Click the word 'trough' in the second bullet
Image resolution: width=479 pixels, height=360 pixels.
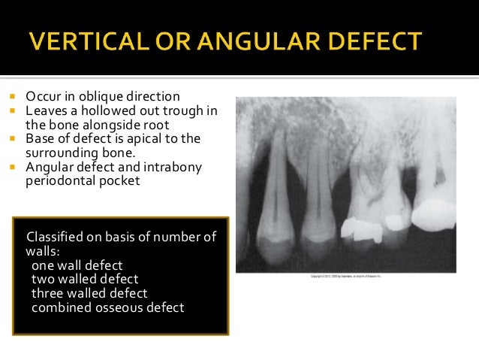pyautogui.click(x=184, y=110)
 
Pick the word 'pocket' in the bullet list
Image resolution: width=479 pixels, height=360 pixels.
pyautogui.click(x=120, y=180)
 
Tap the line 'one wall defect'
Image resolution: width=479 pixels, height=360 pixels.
pyautogui.click(x=77, y=265)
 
